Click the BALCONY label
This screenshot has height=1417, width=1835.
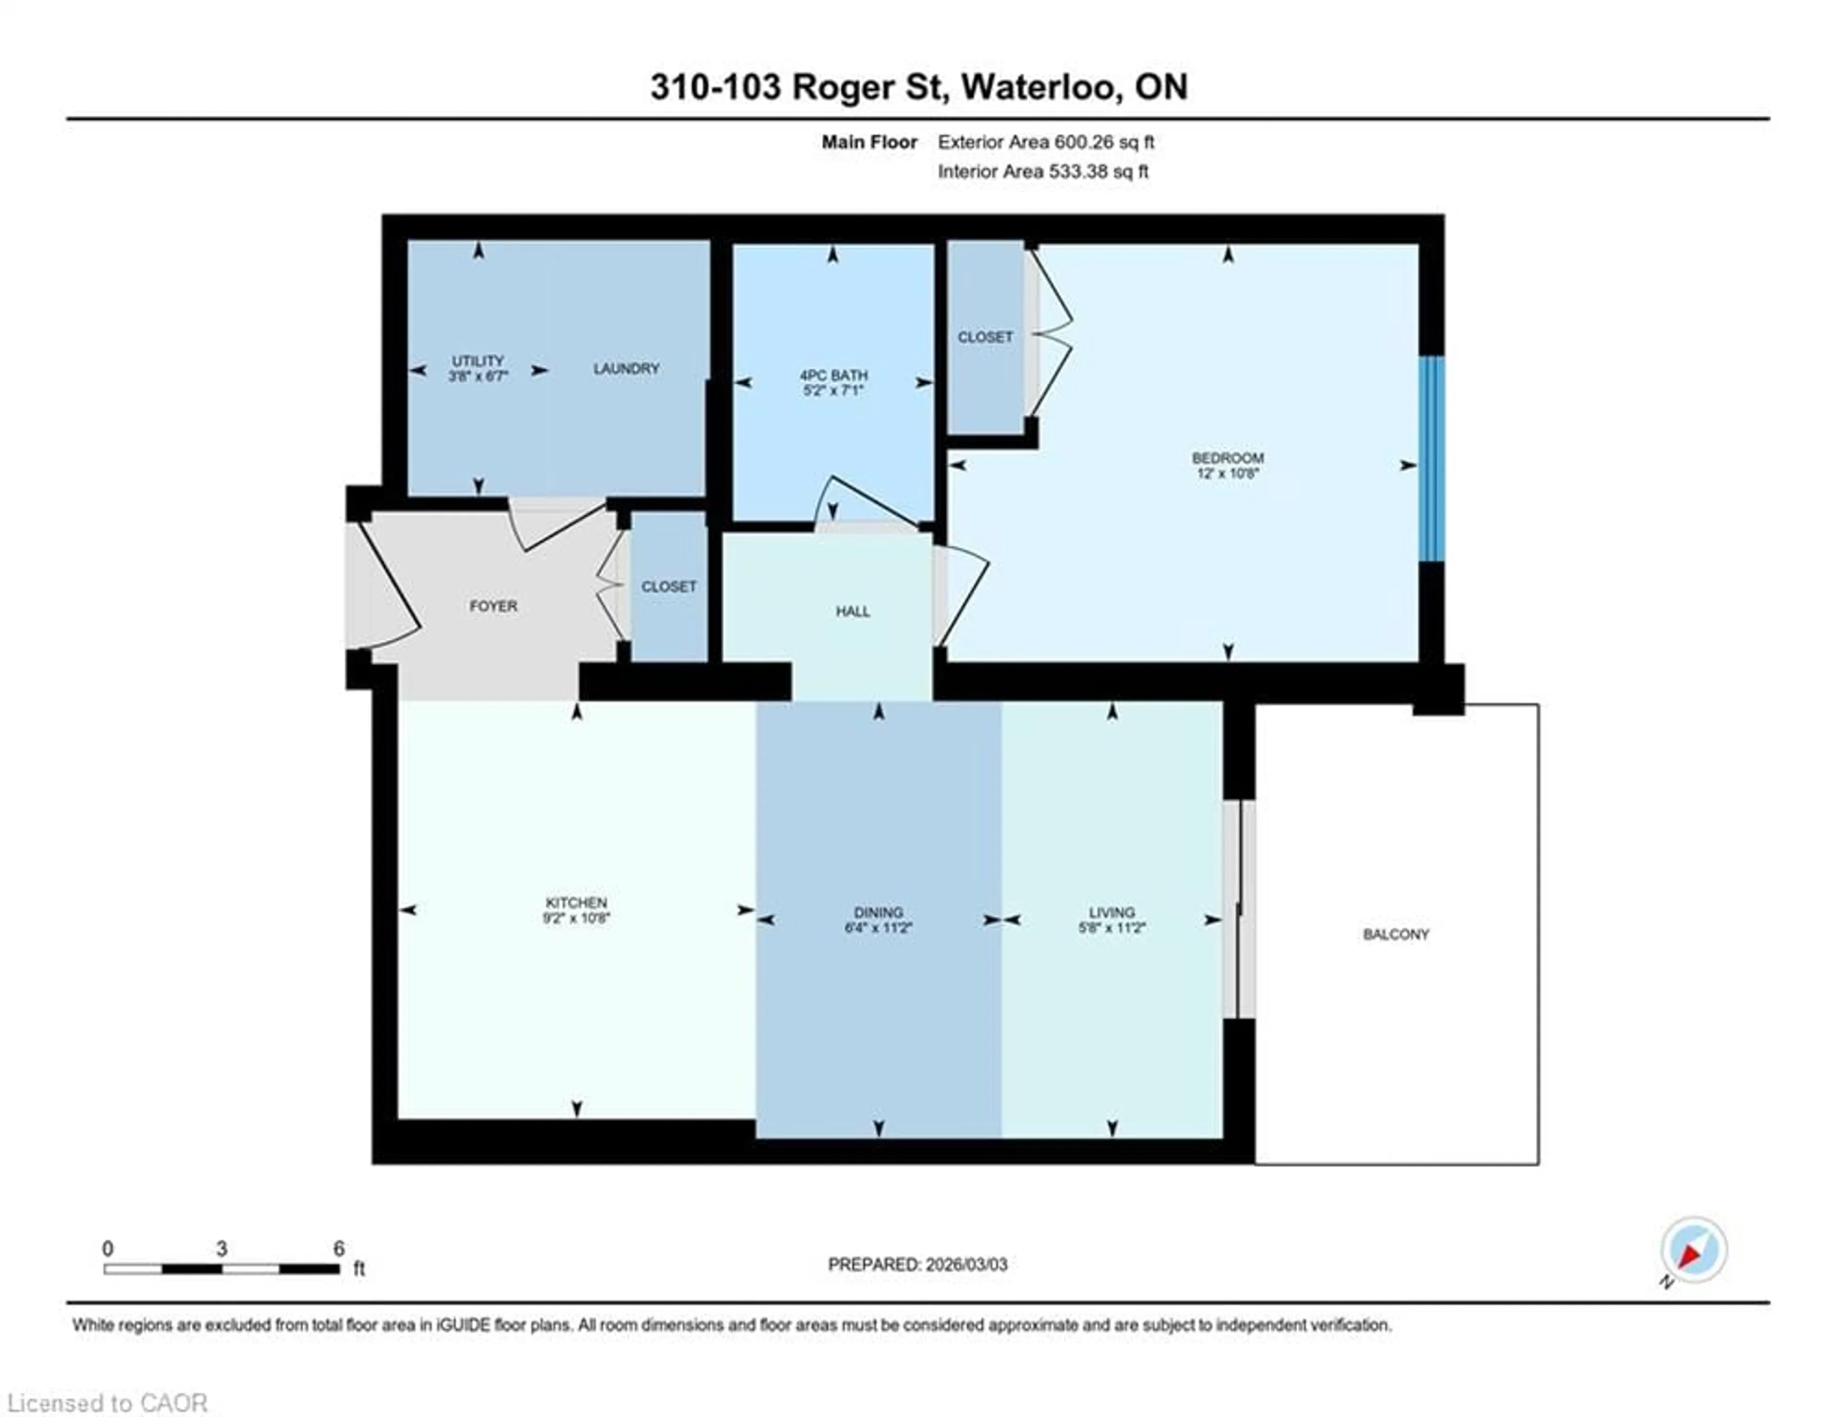point(1395,934)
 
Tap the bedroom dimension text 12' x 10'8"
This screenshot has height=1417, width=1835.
point(1228,473)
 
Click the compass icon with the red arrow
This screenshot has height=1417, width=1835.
point(1693,1250)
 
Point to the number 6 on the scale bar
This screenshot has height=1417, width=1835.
point(339,1248)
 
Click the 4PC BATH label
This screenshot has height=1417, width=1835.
point(832,376)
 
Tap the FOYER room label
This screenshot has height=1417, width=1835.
point(493,606)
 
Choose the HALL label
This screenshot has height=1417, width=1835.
point(852,611)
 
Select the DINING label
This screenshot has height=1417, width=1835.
point(878,912)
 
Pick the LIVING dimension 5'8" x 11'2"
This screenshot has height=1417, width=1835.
point(1112,928)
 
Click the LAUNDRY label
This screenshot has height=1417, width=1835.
point(626,368)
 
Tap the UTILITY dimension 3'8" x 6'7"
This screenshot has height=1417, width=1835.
point(477,376)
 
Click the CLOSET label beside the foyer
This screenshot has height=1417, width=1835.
point(669,587)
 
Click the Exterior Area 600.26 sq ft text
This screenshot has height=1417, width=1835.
point(1045,142)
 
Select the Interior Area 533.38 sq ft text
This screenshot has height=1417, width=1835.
point(1043,172)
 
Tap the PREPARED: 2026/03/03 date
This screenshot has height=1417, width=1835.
point(917,1264)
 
